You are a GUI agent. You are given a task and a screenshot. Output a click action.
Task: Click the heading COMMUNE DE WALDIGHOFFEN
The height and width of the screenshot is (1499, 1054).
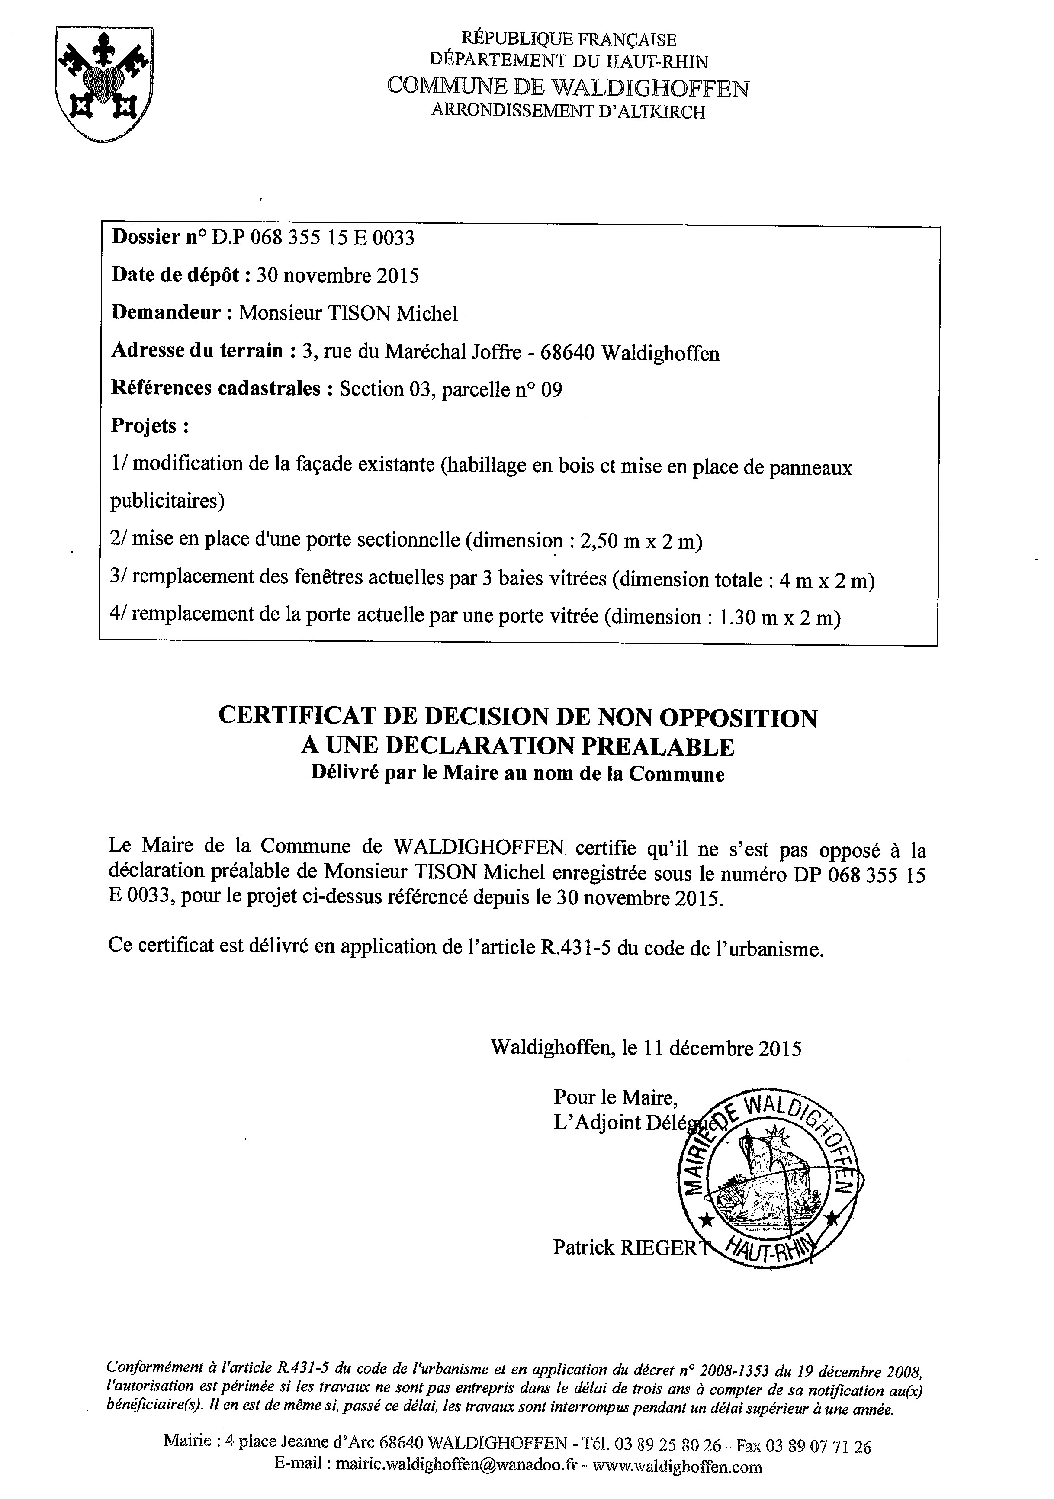[x=568, y=87]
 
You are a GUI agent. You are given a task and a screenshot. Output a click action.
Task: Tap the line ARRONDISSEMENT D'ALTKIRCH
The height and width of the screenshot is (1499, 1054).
[x=568, y=112]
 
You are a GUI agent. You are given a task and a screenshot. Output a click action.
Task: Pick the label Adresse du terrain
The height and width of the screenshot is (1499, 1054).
[x=198, y=351]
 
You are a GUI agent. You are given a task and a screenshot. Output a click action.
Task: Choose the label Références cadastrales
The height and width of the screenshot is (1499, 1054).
[x=216, y=389]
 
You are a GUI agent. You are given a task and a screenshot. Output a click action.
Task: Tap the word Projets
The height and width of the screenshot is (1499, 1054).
[x=149, y=426]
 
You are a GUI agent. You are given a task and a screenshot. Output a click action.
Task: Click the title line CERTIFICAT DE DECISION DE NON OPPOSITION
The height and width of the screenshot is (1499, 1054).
[x=517, y=717]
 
